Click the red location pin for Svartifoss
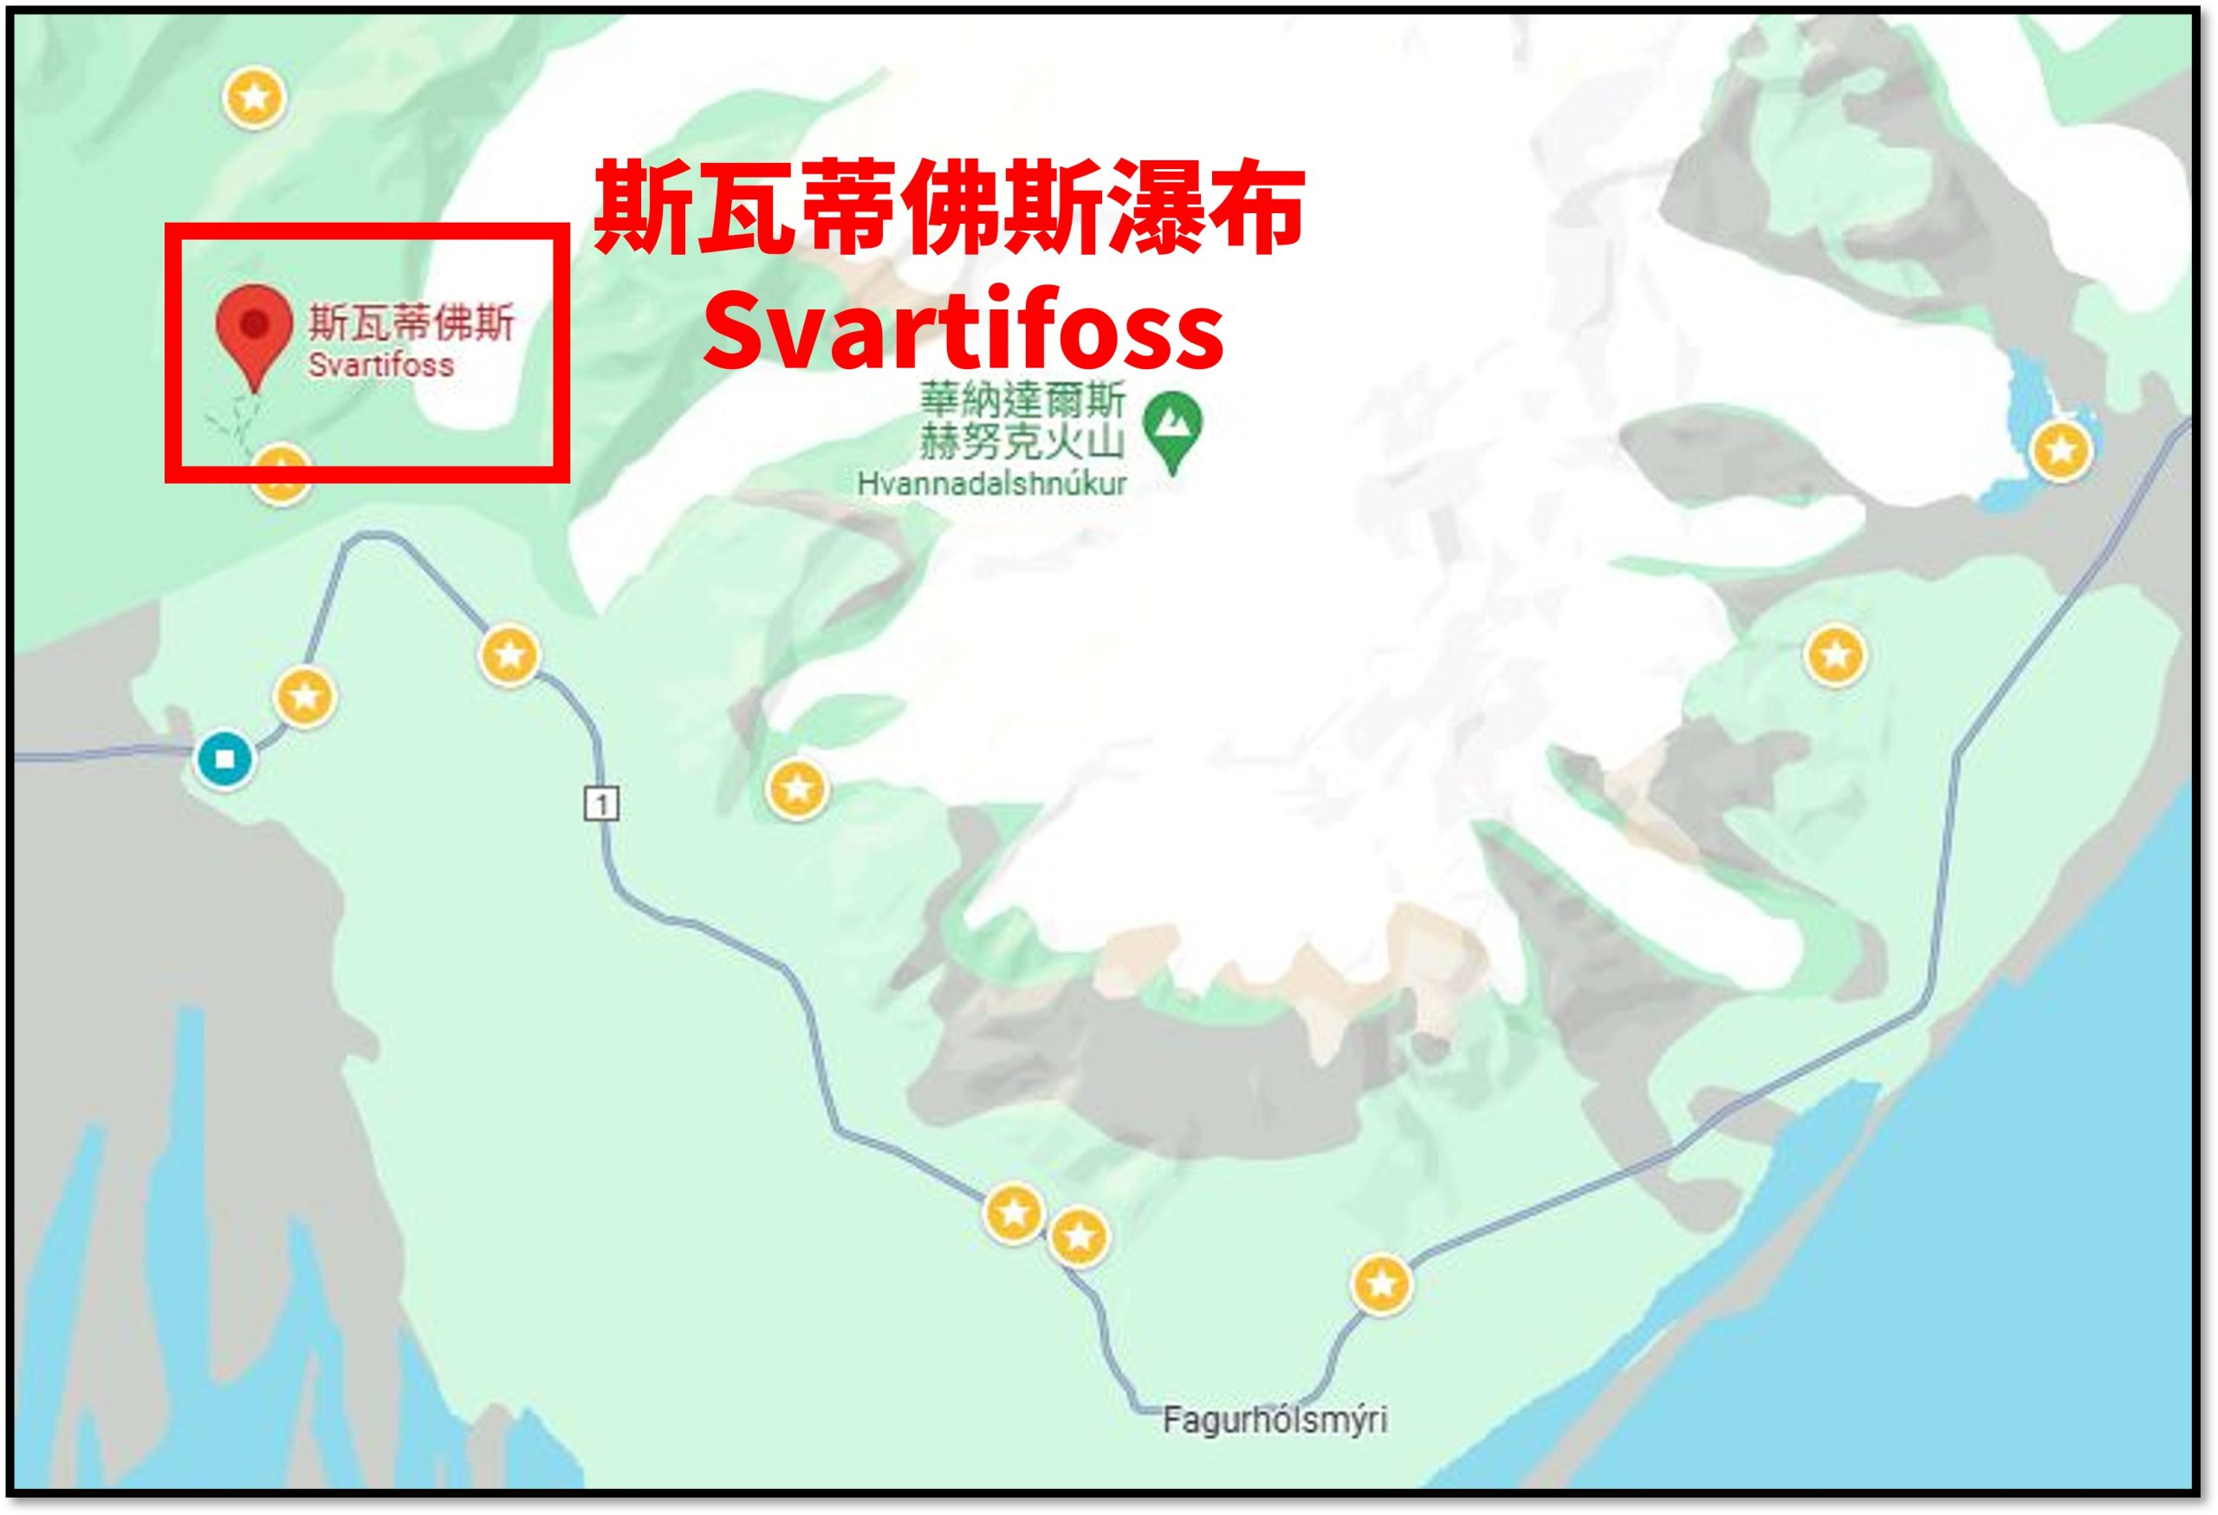(253, 330)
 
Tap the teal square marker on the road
(225, 760)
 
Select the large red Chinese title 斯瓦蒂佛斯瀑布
(949, 207)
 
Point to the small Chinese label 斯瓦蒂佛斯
(412, 322)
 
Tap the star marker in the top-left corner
(254, 96)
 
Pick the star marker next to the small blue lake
(2060, 449)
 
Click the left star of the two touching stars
(1013, 1213)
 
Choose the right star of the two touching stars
(1079, 1237)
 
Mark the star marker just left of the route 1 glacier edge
(798, 789)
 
